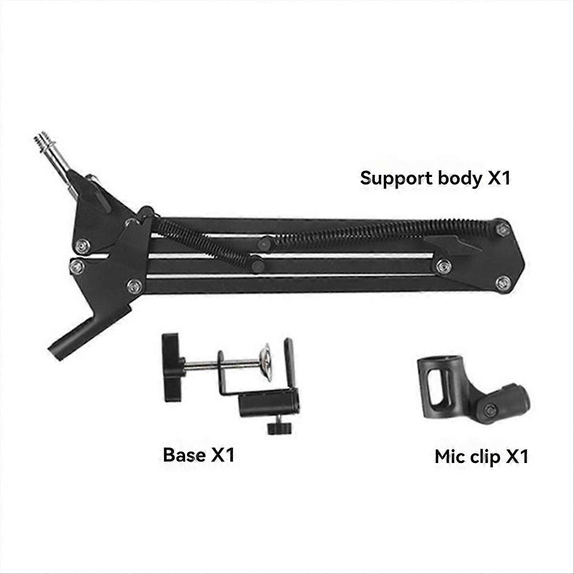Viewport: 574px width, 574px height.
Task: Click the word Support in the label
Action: (396, 178)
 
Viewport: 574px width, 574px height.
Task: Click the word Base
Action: (184, 454)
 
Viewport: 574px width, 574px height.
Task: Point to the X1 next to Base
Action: (222, 454)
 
